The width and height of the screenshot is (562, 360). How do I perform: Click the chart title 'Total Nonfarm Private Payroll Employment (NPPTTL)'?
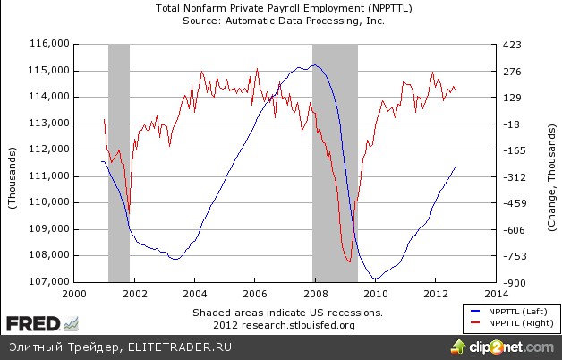[x=284, y=8]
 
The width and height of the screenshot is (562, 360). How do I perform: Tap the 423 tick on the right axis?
[x=510, y=44]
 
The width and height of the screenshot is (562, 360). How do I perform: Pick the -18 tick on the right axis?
[x=511, y=124]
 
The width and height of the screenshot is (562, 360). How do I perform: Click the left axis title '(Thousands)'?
[x=13, y=163]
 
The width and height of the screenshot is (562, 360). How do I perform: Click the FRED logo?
[x=35, y=322]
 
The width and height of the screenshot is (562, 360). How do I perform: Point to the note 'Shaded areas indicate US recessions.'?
[x=287, y=313]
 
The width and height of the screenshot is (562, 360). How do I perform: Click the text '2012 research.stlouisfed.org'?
[x=287, y=324]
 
